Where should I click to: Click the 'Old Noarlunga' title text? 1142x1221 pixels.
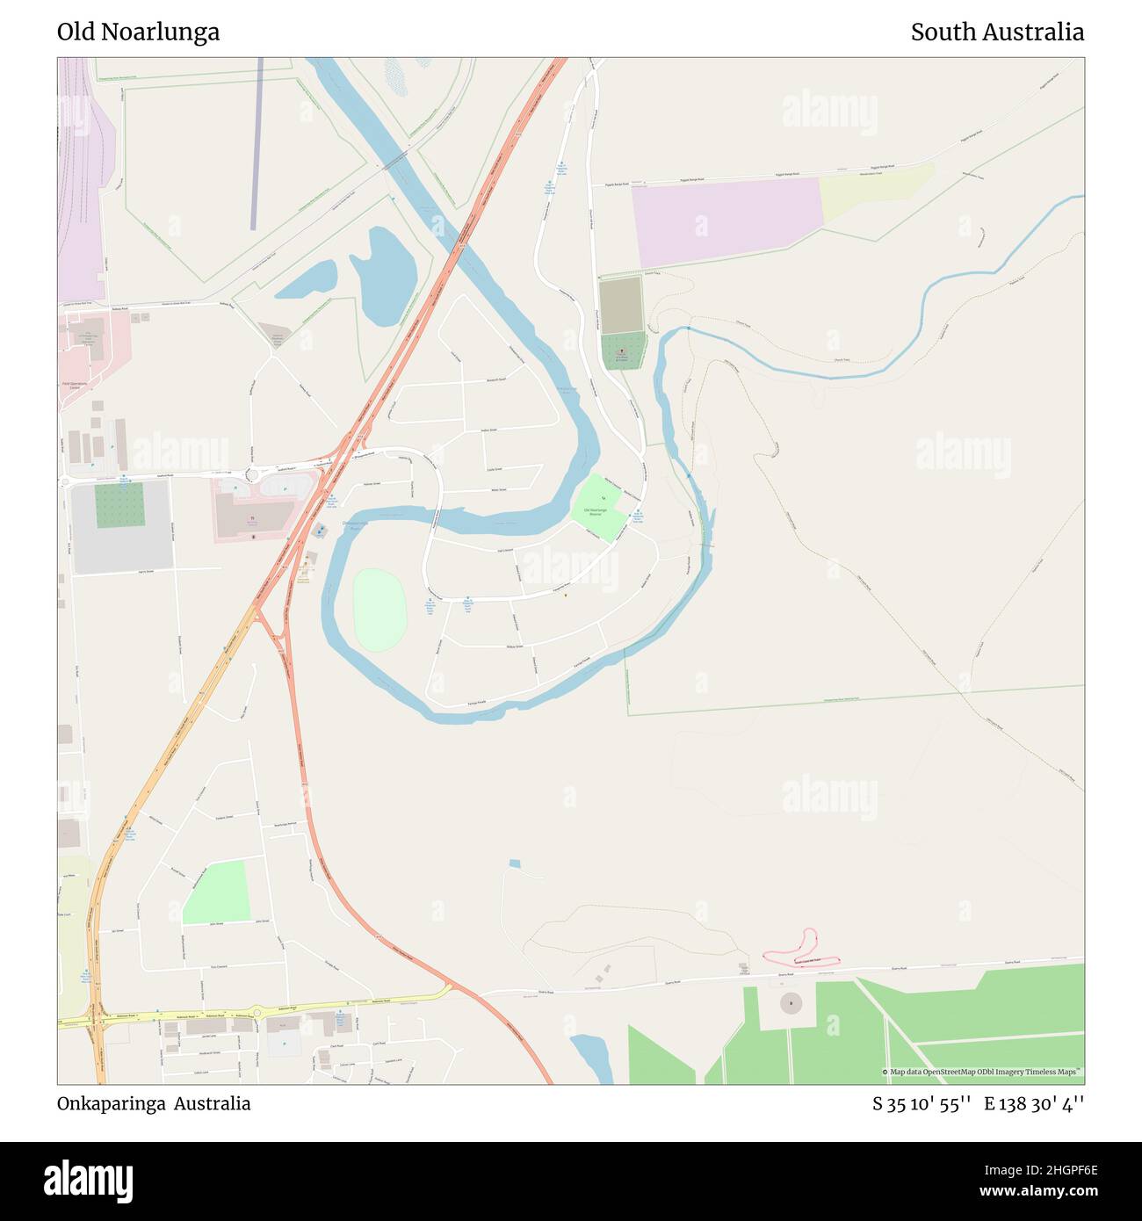[x=138, y=33]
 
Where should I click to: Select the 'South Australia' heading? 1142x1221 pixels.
[x=996, y=33]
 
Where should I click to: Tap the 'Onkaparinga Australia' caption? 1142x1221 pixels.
[x=154, y=1103]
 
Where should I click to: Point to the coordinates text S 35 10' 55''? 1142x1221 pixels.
[x=921, y=1103]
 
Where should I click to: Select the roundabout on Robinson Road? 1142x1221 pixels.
[x=257, y=1012]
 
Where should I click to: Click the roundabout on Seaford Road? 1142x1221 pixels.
[x=252, y=474]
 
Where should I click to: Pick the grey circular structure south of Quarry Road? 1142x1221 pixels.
[x=791, y=1001]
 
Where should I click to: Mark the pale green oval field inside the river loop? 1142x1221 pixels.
[x=379, y=610]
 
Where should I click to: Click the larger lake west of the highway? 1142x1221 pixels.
[x=385, y=275]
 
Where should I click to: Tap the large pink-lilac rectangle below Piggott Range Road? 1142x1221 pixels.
[x=725, y=220]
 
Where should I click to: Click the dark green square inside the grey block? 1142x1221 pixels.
[x=119, y=505]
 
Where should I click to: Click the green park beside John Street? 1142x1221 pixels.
[x=217, y=891]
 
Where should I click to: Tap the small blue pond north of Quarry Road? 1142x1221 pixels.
[x=515, y=863]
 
